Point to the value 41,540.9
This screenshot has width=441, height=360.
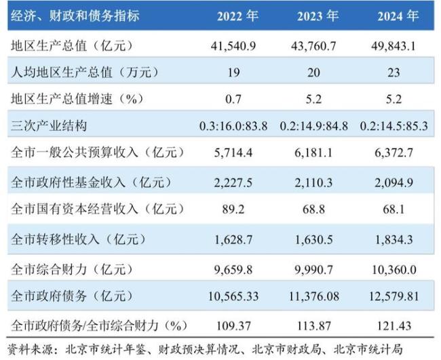click(233, 46)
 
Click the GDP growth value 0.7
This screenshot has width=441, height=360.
click(233, 99)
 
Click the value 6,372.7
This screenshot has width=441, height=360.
click(395, 153)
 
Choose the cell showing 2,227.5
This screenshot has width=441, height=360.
click(233, 182)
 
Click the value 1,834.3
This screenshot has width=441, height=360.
click(395, 239)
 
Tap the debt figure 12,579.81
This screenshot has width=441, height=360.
click(395, 296)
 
